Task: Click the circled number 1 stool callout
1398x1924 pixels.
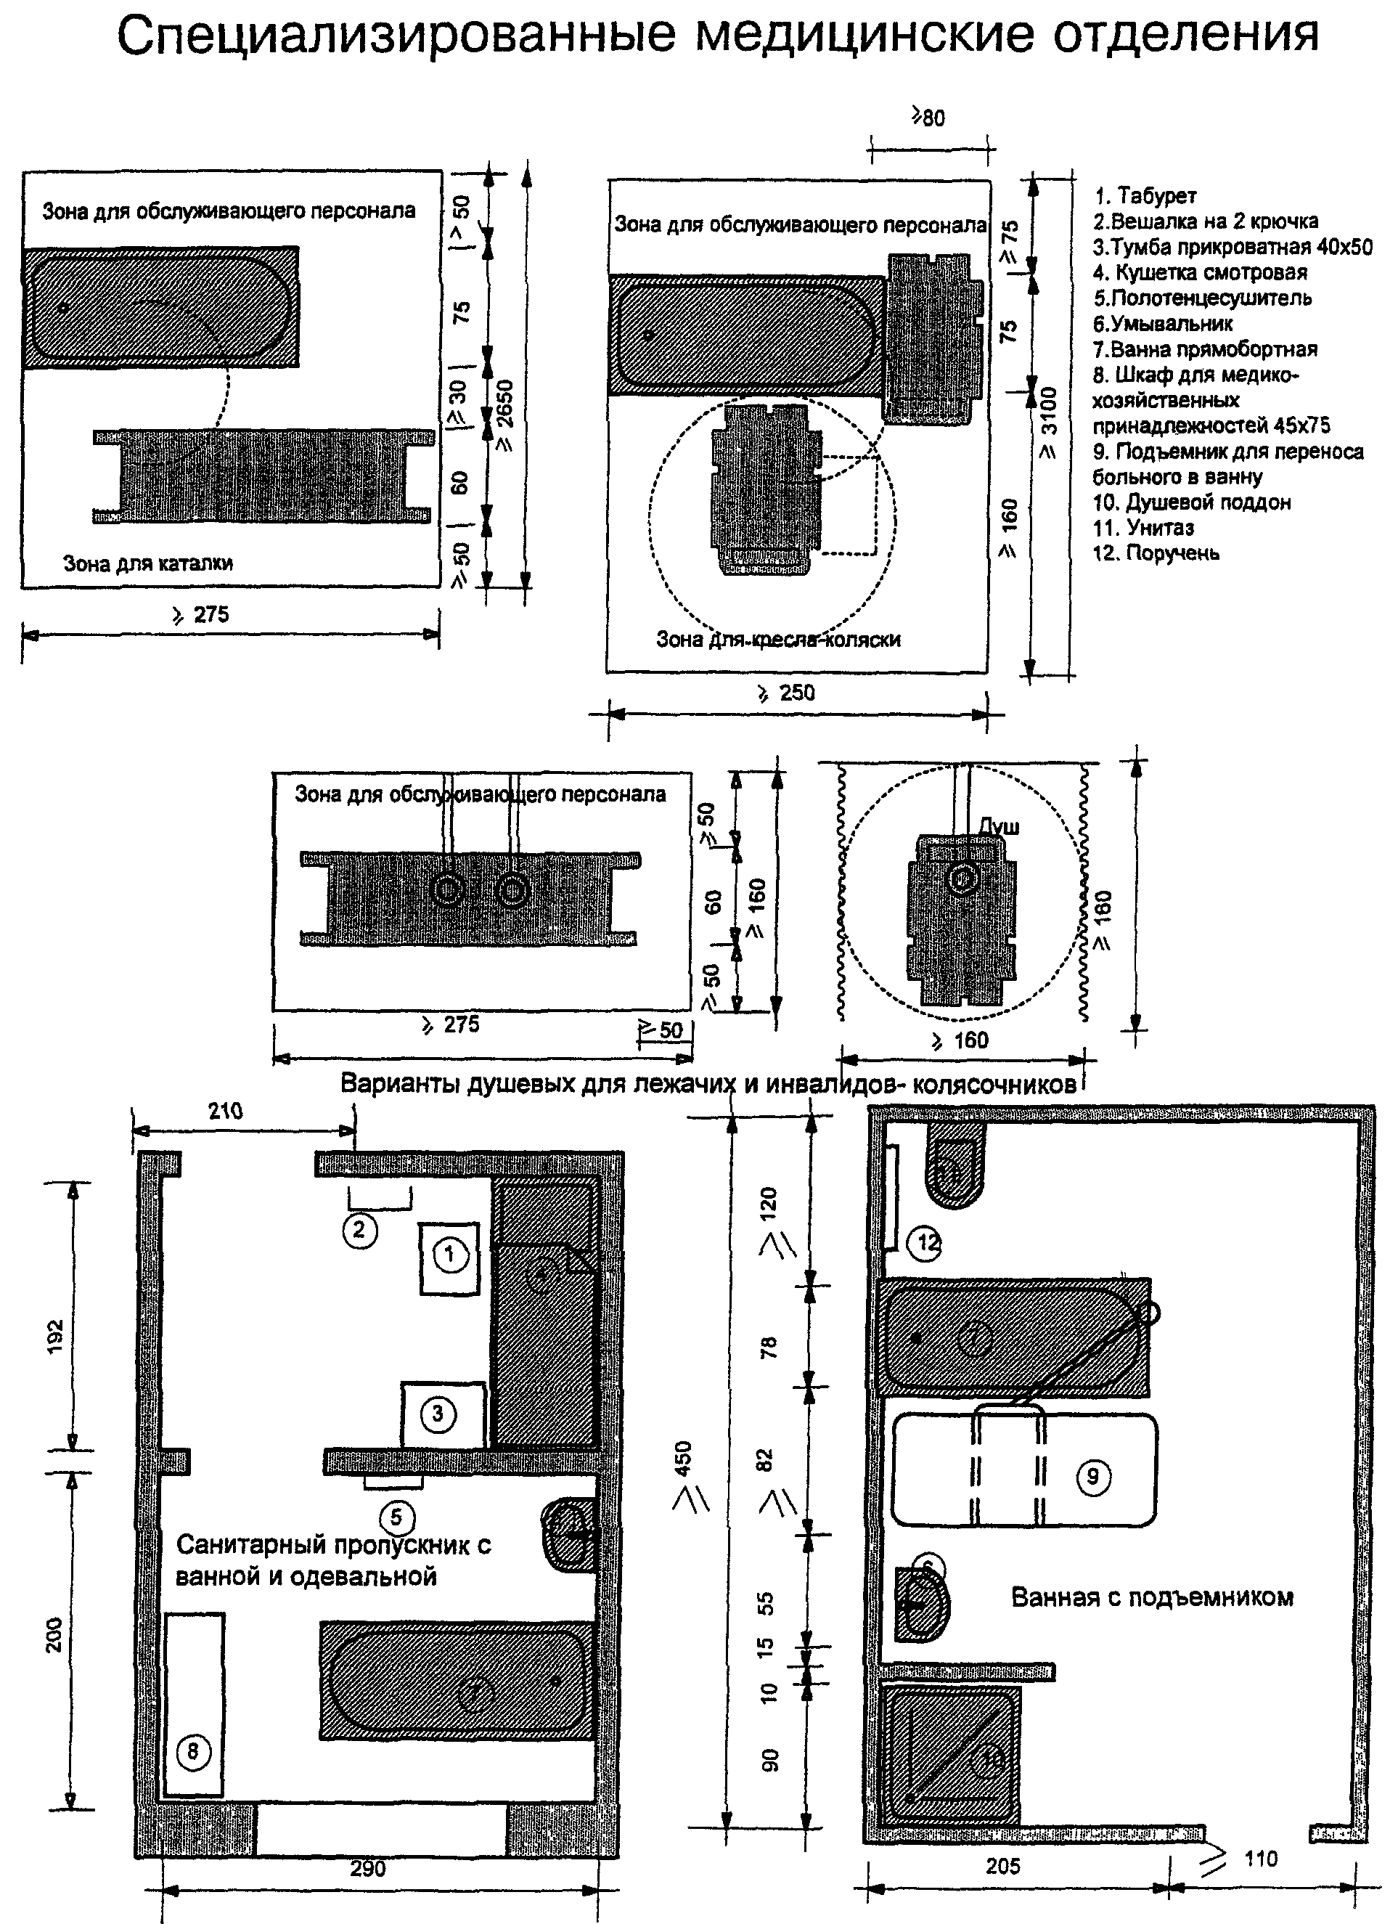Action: click(x=449, y=1255)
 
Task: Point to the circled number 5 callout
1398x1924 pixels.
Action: click(x=396, y=1517)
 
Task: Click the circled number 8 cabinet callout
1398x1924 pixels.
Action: click(x=192, y=1751)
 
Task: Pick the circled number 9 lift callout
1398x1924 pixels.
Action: click(x=1092, y=1476)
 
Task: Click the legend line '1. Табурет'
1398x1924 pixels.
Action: click(x=1145, y=196)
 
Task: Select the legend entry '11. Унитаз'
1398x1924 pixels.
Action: click(x=1143, y=528)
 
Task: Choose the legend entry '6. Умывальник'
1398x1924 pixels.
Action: click(x=1162, y=323)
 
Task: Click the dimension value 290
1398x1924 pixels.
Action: click(x=367, y=1869)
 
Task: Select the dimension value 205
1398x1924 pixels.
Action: click(x=1002, y=1867)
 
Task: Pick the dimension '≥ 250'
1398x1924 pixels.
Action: click(x=785, y=693)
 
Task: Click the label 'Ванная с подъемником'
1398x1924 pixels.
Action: click(x=1152, y=1597)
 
